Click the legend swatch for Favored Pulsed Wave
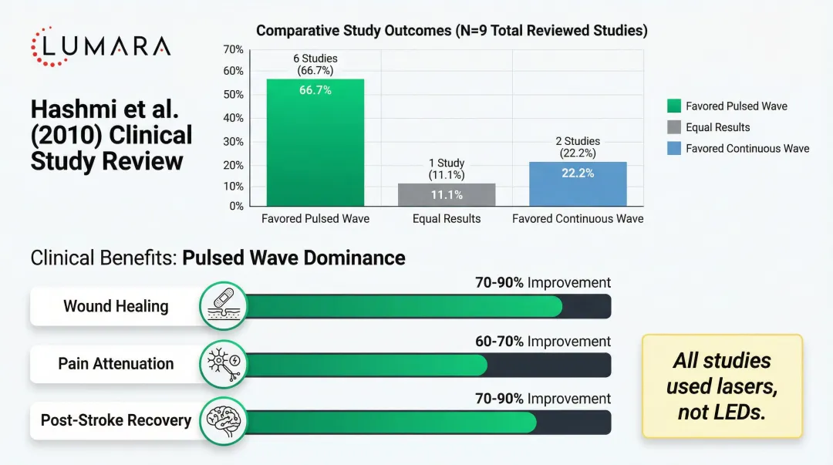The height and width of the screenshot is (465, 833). (x=673, y=106)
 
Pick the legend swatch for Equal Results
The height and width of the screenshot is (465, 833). (x=673, y=127)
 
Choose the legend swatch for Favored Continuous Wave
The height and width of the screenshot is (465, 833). (x=673, y=148)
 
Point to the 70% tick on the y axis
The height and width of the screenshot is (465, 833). (x=233, y=49)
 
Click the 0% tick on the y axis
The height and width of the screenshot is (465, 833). (x=236, y=206)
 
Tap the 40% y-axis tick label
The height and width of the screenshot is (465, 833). (x=233, y=118)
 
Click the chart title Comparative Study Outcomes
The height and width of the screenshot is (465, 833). (x=451, y=31)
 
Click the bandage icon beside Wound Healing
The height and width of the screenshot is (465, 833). (x=223, y=306)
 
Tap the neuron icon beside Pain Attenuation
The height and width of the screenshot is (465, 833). (x=223, y=363)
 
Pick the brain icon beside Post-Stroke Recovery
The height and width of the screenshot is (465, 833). (x=223, y=421)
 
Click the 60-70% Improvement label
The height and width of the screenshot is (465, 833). (x=542, y=341)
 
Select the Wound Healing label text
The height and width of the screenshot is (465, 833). (x=116, y=306)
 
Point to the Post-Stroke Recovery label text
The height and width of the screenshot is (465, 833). (x=116, y=420)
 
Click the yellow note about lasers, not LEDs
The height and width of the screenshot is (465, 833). (x=721, y=386)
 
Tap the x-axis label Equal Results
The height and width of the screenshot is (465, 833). (x=447, y=219)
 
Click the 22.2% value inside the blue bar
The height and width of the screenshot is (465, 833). (x=578, y=174)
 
